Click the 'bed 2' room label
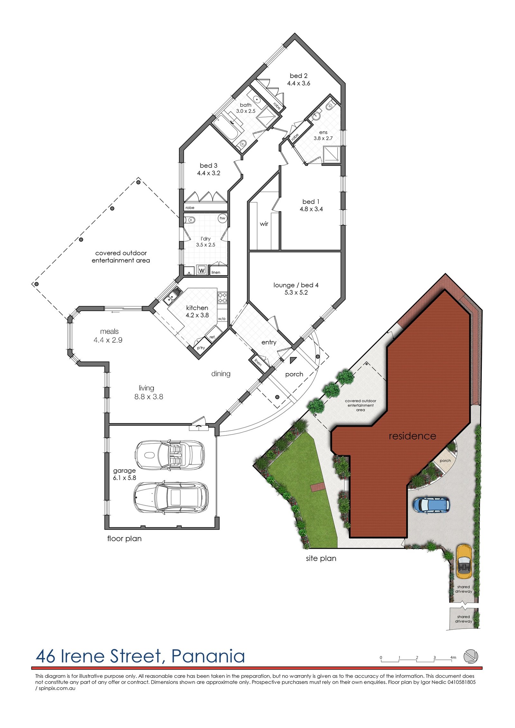(x=298, y=76)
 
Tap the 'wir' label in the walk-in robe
(x=264, y=224)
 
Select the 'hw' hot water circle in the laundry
(x=222, y=218)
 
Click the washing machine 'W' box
(x=202, y=270)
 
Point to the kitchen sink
(x=173, y=296)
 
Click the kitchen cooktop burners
(x=222, y=297)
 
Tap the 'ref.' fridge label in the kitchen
(x=212, y=337)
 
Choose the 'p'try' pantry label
(x=201, y=348)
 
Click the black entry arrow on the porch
(x=293, y=360)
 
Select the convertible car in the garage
(x=170, y=455)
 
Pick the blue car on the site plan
(x=431, y=505)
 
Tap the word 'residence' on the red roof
(x=412, y=436)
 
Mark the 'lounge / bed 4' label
(x=296, y=285)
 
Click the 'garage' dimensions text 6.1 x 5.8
(x=124, y=478)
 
